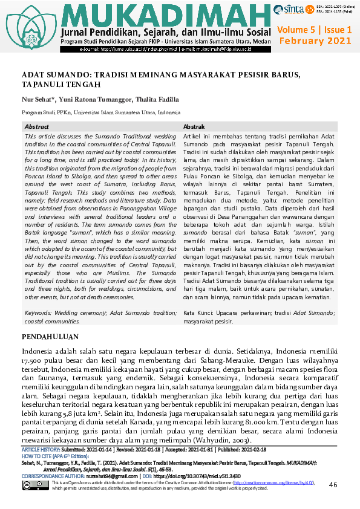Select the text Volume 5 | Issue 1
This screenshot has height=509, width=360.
pos(314,30)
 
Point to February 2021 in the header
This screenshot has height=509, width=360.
pos(315,41)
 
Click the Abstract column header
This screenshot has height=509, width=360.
pos(37,127)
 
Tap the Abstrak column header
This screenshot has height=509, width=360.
pos(194,127)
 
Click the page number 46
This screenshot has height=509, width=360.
pos(333,485)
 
